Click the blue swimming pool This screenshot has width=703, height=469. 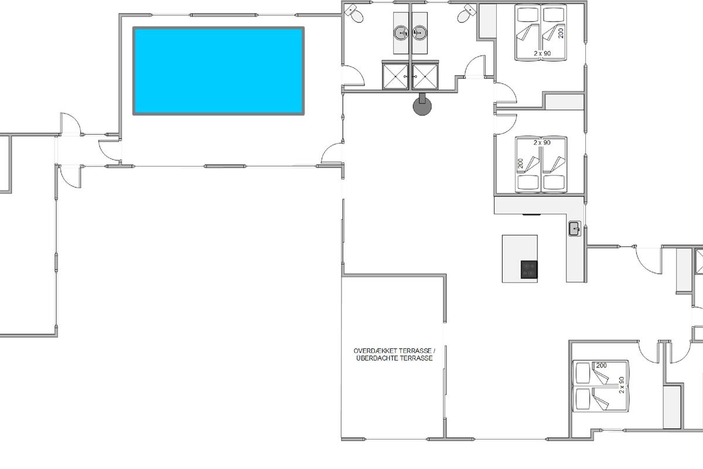point(219,71)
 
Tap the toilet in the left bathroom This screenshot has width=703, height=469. point(354,13)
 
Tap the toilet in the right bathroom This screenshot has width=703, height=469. point(467,13)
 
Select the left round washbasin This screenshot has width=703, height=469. point(401,33)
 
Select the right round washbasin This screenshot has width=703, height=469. point(419,33)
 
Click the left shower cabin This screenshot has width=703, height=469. point(395,76)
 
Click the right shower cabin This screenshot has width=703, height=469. point(425,76)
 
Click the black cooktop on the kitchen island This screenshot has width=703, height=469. point(529,270)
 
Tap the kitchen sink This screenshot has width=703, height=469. point(575,229)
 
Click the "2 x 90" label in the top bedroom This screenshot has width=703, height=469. point(542,53)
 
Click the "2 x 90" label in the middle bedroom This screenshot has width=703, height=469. point(542,142)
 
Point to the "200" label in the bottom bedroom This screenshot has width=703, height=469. point(601,365)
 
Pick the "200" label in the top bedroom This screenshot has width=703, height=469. point(561,33)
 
